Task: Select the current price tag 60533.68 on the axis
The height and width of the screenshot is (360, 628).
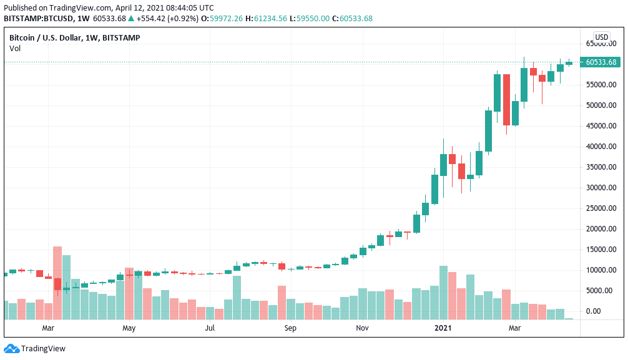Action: coord(601,62)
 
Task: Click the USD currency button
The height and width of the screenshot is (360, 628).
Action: coord(602,37)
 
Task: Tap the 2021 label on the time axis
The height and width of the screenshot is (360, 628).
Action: coord(443,328)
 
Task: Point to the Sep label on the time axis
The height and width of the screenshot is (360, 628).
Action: coord(290,328)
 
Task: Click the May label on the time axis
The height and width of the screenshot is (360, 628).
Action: coord(129,328)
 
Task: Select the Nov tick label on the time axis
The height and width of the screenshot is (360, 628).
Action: coord(362,328)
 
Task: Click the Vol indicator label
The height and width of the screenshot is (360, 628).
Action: coord(15,48)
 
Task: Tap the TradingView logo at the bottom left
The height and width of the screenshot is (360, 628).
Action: coord(35,349)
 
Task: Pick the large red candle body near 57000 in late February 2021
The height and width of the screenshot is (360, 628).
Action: coord(506,100)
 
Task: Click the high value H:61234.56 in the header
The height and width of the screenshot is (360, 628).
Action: coord(267,18)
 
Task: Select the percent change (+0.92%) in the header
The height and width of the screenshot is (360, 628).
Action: coord(186,18)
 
